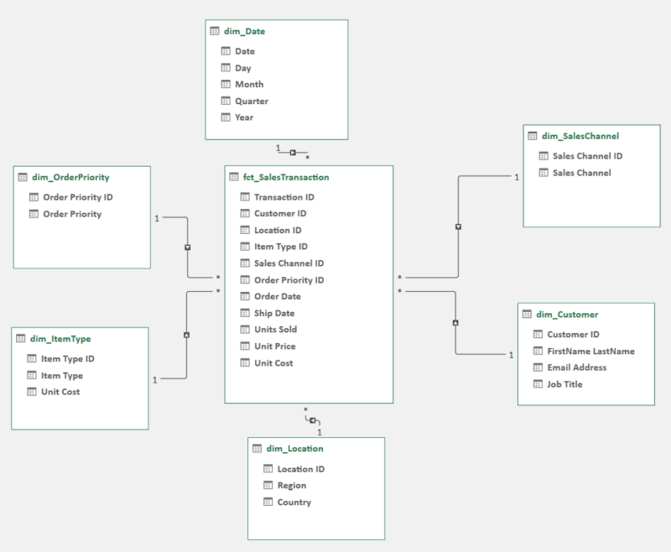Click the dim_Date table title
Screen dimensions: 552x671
pyautogui.click(x=245, y=31)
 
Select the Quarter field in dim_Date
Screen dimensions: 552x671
pyautogui.click(x=251, y=101)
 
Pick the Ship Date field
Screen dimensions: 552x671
pyautogui.click(x=274, y=313)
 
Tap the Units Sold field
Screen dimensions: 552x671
pyautogui.click(x=275, y=330)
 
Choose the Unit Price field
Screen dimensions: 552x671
pyautogui.click(x=274, y=346)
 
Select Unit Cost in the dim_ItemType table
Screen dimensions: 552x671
pyautogui.click(x=60, y=392)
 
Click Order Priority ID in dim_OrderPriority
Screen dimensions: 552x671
pyautogui.click(x=77, y=197)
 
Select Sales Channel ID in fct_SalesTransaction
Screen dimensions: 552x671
pyautogui.click(x=289, y=263)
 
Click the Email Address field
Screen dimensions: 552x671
pyautogui.click(x=576, y=367)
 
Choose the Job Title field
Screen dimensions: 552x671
pyautogui.click(x=564, y=384)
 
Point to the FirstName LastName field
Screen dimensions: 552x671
pyautogui.click(x=590, y=351)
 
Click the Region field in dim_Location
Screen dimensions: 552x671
pyautogui.click(x=291, y=486)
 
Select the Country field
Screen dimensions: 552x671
pyautogui.click(x=294, y=503)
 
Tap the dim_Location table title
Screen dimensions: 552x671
pyautogui.click(x=294, y=449)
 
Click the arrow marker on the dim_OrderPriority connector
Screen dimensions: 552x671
pyautogui.click(x=188, y=247)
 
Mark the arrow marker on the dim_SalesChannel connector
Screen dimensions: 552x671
pyautogui.click(x=458, y=227)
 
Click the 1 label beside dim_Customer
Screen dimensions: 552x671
pyautogui.click(x=511, y=356)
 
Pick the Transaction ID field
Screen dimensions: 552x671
pyautogui.click(x=283, y=197)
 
